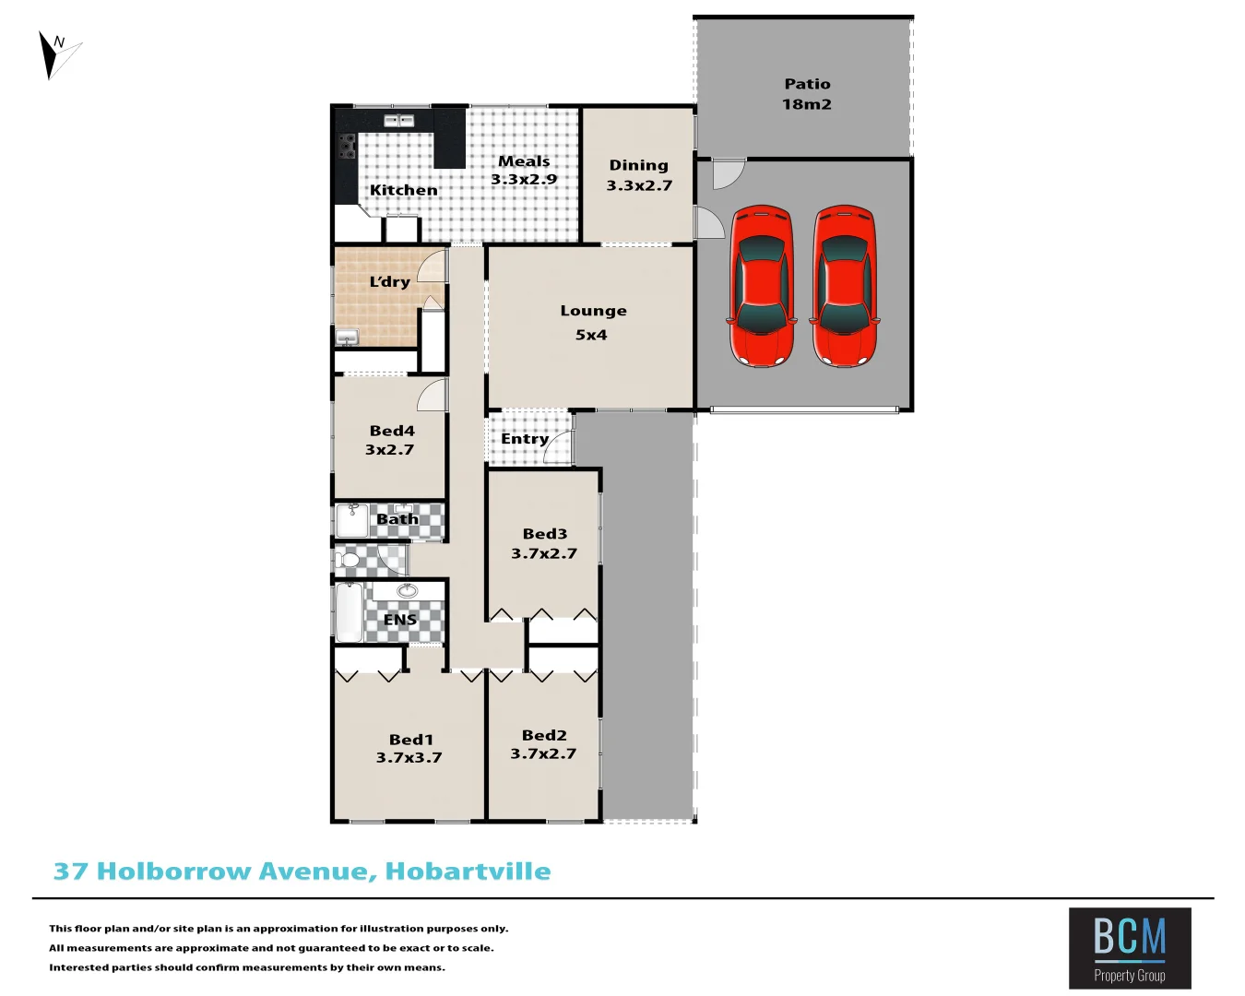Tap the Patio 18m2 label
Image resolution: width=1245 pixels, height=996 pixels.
[x=807, y=94]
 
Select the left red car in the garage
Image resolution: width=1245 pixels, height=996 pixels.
[x=762, y=286]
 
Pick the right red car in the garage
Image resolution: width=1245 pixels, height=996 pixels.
[x=844, y=286]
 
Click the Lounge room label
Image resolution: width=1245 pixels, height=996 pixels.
[x=593, y=312]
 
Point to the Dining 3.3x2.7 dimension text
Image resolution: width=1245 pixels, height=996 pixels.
[x=639, y=185]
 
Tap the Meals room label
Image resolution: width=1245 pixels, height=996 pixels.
[x=524, y=161]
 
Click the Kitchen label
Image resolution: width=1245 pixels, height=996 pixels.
[x=404, y=190]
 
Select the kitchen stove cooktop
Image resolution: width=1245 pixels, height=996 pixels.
[x=347, y=147]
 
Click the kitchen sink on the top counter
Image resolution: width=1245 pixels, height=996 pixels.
[x=398, y=121]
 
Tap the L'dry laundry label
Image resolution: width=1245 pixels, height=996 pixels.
[x=389, y=282]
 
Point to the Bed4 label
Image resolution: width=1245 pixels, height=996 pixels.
[x=392, y=431]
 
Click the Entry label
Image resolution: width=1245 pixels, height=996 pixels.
[x=525, y=439]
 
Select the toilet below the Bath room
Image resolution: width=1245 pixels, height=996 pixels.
[x=348, y=560]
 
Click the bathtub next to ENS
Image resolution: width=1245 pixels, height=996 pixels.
[x=349, y=611]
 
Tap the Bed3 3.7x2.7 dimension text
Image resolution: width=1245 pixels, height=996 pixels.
[x=544, y=553]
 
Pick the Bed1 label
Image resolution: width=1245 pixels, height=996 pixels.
[x=410, y=740]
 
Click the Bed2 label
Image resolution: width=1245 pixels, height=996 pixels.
[x=544, y=735]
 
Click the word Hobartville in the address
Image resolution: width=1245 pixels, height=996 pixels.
[x=468, y=871]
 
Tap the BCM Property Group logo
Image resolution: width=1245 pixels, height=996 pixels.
[x=1130, y=948]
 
